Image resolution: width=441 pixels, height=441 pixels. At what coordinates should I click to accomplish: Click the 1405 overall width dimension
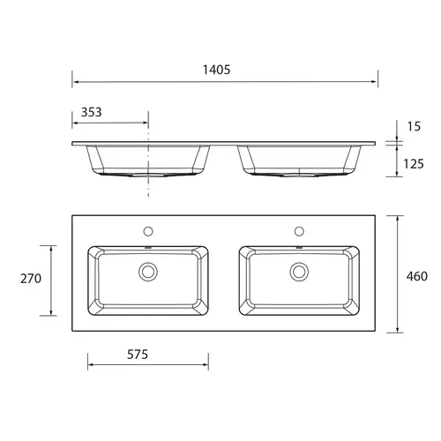216,70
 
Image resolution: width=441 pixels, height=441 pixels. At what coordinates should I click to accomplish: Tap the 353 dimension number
91,112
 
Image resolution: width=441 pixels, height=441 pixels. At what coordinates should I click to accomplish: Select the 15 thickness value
414,126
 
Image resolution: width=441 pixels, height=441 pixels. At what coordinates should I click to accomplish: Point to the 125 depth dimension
414,164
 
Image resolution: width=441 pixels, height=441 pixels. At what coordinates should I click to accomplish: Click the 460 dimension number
417,276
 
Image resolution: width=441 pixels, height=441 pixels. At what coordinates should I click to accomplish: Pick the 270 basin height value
31,279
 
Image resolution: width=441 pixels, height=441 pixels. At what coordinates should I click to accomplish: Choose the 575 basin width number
138,355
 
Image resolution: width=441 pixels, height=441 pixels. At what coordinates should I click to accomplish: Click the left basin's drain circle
148,272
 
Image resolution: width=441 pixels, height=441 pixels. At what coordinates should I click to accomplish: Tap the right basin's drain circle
299,272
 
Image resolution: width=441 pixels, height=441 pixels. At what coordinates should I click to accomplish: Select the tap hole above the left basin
148,231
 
